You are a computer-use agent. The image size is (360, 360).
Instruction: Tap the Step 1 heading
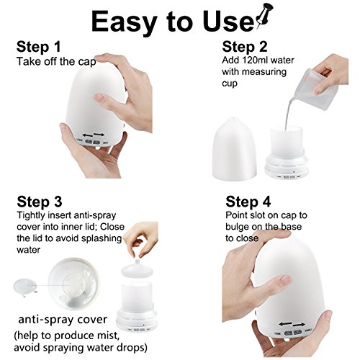click(38, 47)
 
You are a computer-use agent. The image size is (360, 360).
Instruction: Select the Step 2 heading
click(245, 47)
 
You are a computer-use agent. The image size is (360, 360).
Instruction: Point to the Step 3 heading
click(40, 202)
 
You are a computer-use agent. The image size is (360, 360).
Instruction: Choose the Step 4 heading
click(248, 202)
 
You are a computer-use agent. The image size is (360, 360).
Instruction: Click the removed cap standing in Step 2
click(234, 149)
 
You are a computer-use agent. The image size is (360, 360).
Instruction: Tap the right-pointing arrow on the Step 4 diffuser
click(299, 325)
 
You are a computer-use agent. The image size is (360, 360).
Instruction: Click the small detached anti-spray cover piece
click(25, 287)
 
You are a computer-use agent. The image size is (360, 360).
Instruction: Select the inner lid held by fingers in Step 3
click(138, 269)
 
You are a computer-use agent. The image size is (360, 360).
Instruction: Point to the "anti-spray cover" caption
click(63, 320)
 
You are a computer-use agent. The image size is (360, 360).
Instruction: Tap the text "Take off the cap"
click(56, 62)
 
